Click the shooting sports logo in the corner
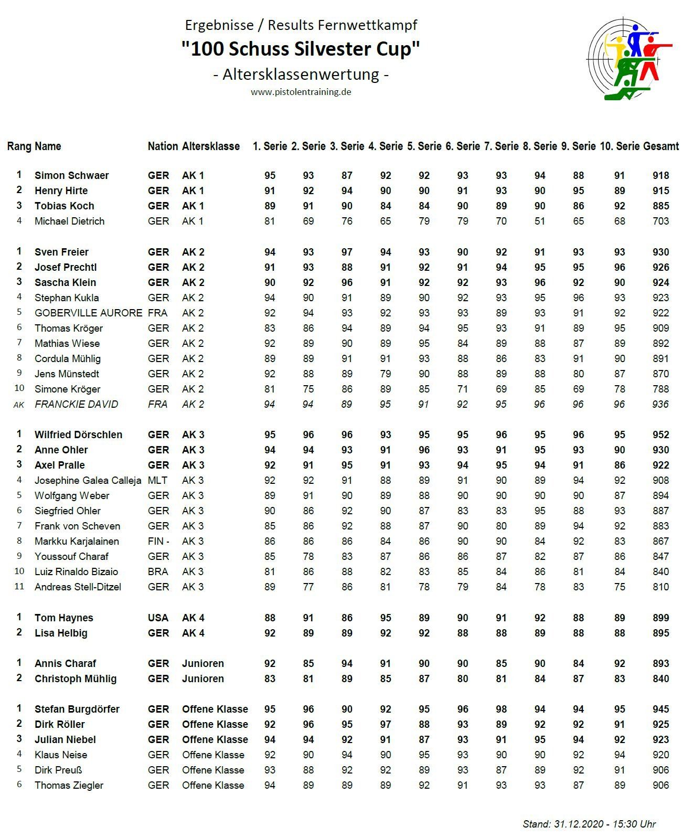coord(628,59)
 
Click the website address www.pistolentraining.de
coord(301,92)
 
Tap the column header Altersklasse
coord(211,146)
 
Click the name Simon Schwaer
coord(71,175)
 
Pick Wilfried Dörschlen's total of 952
coord(660,435)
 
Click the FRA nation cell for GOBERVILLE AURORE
coord(157,313)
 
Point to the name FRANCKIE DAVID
coord(76,404)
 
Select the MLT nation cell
coord(157,480)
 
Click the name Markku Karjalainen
coord(77,541)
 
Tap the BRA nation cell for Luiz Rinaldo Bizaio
coord(158,571)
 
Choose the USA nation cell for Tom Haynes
coord(158,618)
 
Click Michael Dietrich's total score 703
coord(660,221)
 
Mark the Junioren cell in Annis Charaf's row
coord(203,663)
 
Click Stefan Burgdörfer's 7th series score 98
coord(501,709)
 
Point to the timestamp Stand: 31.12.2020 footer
coord(589,824)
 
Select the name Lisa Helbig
coord(61,633)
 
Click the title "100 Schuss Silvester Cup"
coord(301,49)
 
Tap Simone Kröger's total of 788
coord(660,389)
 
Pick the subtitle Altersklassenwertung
coord(301,74)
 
